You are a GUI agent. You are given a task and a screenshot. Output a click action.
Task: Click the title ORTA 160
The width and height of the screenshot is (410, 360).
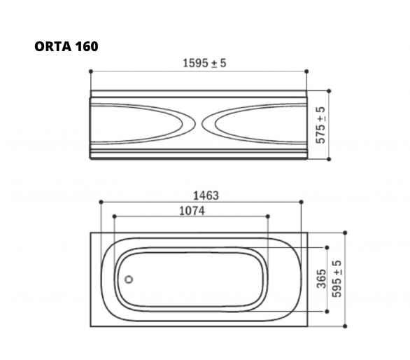66,47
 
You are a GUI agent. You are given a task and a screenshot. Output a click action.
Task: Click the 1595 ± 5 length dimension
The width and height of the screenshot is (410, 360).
204,63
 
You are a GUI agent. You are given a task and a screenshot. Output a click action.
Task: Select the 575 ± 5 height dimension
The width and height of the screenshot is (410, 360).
321,125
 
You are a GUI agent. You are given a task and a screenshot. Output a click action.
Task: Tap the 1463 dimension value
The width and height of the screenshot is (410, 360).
206,195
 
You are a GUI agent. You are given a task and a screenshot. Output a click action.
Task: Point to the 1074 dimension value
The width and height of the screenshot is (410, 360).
192,211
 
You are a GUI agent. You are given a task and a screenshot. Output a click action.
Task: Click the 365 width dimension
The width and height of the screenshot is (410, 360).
322,279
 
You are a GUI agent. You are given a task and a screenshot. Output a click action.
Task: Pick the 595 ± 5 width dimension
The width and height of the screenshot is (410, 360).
337,279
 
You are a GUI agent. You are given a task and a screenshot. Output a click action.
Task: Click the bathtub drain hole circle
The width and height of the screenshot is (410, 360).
128,279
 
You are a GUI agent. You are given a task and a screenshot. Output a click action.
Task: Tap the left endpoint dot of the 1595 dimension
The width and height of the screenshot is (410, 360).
91,71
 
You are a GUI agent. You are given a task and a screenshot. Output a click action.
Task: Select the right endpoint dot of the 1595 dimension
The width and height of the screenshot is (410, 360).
306,71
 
